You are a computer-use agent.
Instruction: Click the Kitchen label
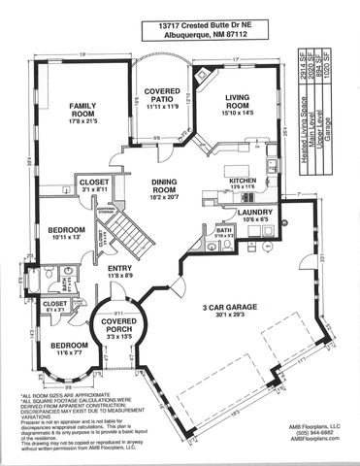pos(241,181)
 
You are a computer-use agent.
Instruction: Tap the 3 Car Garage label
pos(231,309)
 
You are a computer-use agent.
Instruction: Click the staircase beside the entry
pos(124,231)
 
